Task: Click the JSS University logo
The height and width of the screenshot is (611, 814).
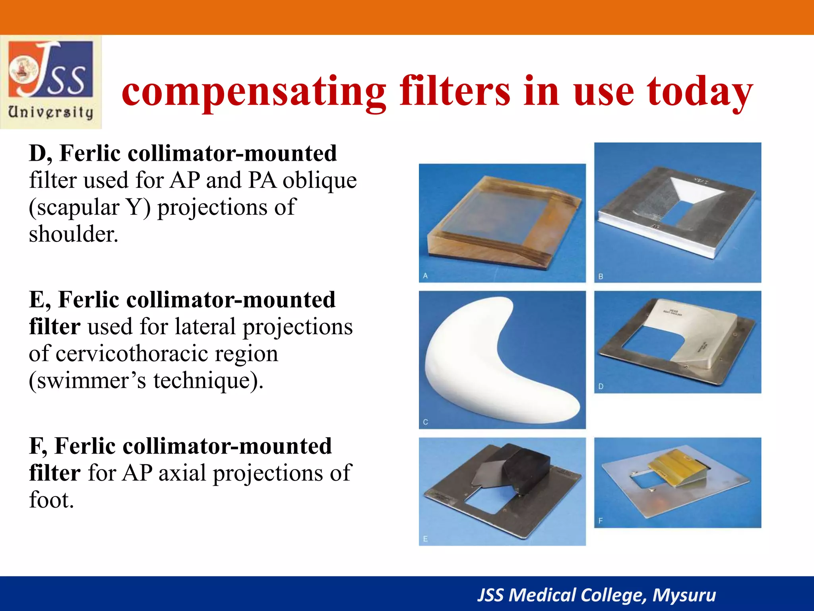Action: click(51, 82)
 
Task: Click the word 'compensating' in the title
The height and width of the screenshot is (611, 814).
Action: click(254, 92)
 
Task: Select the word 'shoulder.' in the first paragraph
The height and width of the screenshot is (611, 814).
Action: click(74, 234)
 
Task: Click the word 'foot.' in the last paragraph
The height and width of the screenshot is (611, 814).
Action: click(51, 500)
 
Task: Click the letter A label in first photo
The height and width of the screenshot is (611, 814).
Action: click(425, 276)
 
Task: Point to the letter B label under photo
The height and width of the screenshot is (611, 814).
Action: click(601, 276)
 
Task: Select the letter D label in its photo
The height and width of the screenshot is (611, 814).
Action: click(601, 386)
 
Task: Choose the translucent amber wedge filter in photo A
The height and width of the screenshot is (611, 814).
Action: click(501, 223)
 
